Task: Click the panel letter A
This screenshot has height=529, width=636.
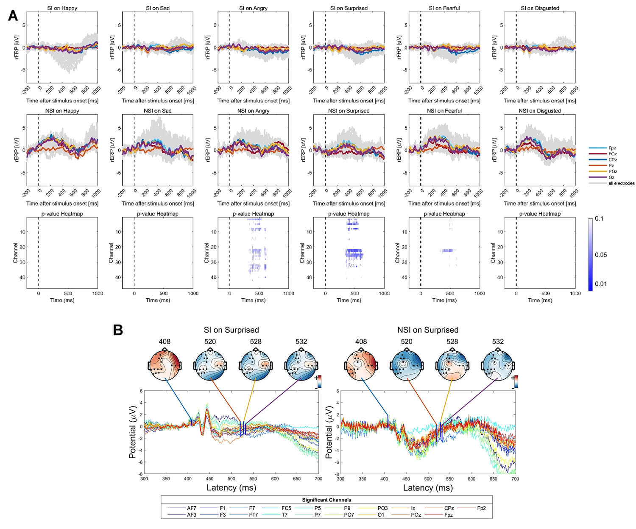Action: (13, 16)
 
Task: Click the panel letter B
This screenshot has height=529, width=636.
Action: (118, 330)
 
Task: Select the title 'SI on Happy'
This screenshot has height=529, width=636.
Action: (62, 8)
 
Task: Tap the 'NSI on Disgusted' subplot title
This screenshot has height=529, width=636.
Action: (540, 111)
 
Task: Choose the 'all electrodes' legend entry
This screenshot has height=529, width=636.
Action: (621, 183)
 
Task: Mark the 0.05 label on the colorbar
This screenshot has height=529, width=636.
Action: (601, 255)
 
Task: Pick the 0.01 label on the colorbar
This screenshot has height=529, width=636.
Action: (601, 284)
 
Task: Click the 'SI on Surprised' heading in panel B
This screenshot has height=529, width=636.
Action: (231, 330)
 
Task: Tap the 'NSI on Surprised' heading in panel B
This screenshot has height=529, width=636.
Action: (427, 330)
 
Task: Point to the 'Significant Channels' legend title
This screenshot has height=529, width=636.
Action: (326, 500)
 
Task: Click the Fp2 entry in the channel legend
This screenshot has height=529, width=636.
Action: (481, 508)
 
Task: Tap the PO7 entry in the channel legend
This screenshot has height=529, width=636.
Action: (349, 515)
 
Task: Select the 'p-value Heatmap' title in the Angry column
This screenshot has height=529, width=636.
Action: (253, 214)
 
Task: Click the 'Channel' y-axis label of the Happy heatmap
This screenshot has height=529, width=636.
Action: (16, 253)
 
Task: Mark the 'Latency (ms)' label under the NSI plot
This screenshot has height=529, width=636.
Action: (428, 488)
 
